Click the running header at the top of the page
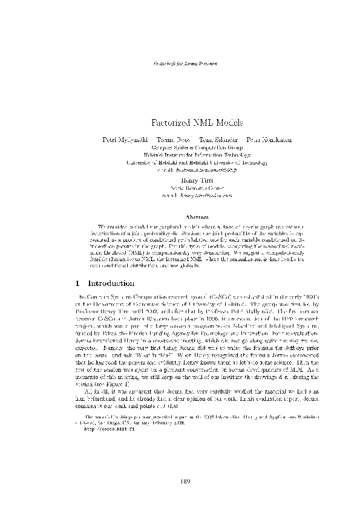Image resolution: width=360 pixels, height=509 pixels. pos(180,62)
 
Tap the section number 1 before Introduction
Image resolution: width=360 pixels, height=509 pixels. pos(80,282)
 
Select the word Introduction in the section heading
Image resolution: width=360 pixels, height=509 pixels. pos(111,282)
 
